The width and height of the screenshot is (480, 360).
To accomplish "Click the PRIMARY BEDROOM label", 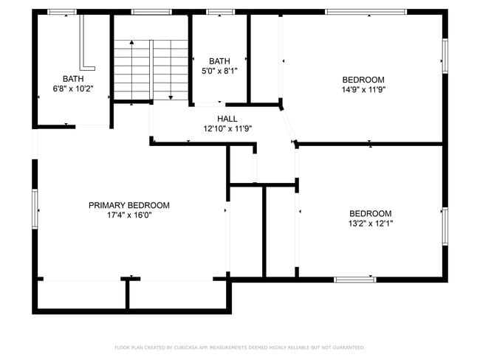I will point(129,205).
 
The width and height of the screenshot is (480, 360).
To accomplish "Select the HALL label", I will point(227,118).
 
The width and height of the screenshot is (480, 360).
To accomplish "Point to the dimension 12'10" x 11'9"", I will point(227,128).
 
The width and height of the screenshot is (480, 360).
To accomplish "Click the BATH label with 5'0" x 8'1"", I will point(219,61).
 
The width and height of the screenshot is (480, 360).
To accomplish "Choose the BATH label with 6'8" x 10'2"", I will point(73,79).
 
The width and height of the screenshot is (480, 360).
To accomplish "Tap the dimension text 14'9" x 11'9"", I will point(363,89).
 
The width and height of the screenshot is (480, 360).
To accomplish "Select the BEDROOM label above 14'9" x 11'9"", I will point(363,80).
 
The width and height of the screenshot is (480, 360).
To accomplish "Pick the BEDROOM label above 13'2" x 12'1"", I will point(370,213).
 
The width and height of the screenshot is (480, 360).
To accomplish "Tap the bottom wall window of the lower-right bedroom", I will point(354,280).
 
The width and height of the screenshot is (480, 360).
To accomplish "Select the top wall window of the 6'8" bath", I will point(61,12).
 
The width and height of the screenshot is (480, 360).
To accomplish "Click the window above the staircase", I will point(151,12).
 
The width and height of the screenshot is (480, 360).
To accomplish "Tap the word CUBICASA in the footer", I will point(190,347).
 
